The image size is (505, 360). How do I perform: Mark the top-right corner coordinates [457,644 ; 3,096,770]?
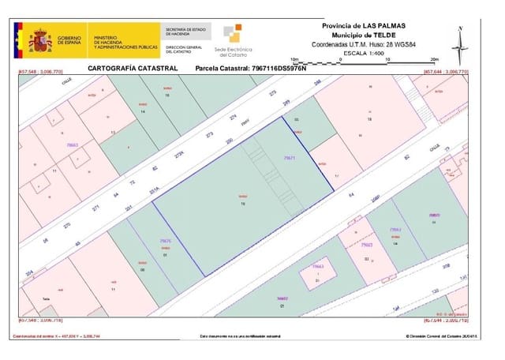point(447,73)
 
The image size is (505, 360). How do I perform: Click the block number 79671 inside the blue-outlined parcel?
point(289,158)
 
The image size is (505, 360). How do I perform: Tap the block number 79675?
point(165,241)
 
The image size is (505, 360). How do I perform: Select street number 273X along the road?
point(178,155)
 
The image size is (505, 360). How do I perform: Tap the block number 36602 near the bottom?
point(282,298)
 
